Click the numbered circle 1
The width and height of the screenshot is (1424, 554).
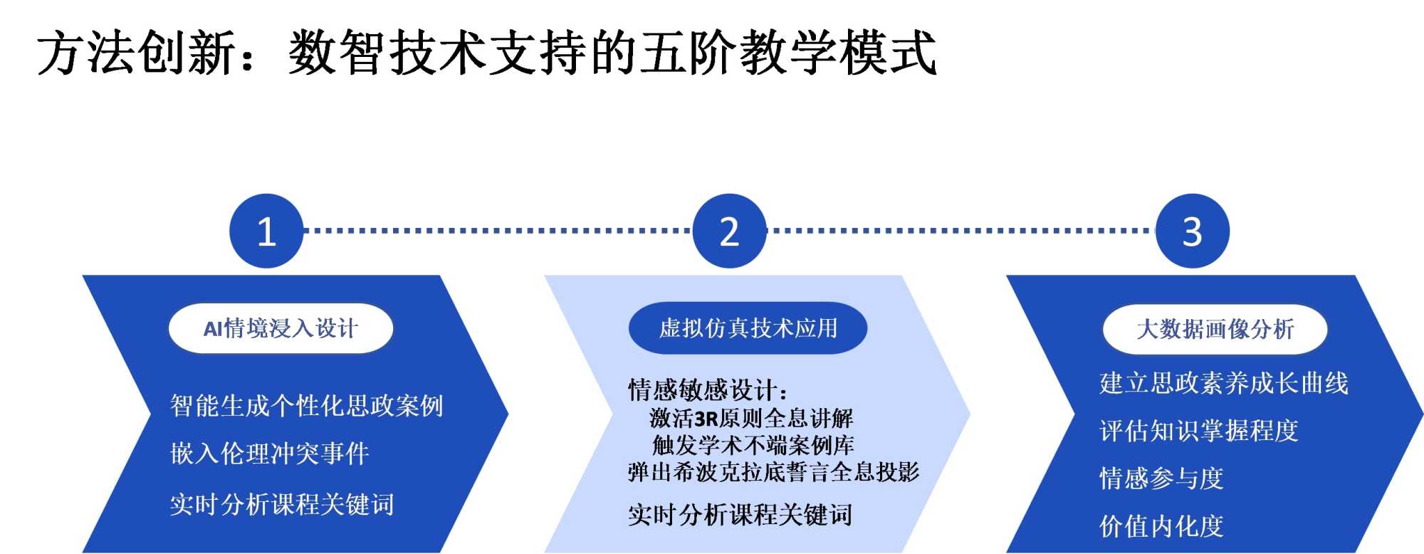[266, 231]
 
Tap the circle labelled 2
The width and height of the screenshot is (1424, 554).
[729, 231]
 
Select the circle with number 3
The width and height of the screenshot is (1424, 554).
[1193, 231]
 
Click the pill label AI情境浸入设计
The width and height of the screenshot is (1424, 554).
[281, 328]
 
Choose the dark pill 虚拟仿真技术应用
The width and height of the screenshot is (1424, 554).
[748, 328]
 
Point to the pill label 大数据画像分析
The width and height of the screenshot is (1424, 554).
[1215, 329]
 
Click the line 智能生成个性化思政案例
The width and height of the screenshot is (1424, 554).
[307, 406]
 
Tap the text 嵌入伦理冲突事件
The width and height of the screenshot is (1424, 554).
[270, 454]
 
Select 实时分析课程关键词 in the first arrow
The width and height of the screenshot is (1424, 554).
[282, 504]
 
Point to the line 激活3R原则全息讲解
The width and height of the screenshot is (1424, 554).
[751, 418]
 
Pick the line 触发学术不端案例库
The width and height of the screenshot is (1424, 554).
[753, 445]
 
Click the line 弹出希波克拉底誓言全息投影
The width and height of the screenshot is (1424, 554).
[774, 471]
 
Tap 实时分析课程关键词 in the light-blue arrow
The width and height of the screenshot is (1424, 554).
[740, 514]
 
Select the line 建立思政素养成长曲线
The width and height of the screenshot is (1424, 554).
[1224, 383]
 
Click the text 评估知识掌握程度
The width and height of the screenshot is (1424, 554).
[1199, 431]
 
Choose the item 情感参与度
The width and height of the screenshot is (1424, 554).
[1161, 479]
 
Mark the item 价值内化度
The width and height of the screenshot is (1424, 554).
[1161, 526]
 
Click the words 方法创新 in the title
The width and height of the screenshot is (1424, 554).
[136, 53]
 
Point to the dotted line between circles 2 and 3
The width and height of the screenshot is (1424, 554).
[961, 231]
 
